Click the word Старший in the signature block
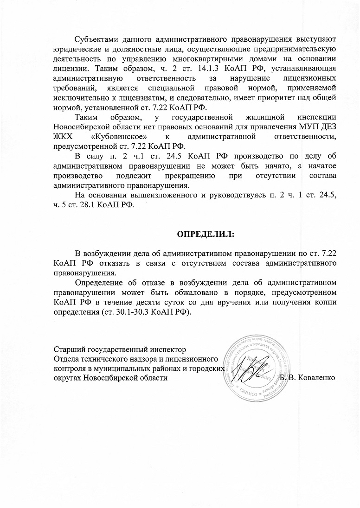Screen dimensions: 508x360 [69, 349]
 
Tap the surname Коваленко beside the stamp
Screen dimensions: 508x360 [315, 378]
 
